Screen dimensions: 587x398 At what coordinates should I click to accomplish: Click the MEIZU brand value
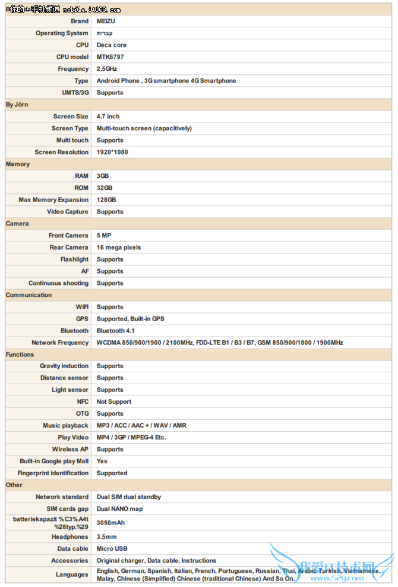[106, 21]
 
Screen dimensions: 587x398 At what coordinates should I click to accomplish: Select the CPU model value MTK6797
[110, 57]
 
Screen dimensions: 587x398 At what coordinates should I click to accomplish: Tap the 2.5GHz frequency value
[107, 69]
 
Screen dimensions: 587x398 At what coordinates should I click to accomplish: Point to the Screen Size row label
[71, 117]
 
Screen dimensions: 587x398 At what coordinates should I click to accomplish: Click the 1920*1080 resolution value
[112, 152]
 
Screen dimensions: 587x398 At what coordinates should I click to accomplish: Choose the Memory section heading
[18, 164]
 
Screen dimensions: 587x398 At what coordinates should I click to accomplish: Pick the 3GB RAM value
[103, 176]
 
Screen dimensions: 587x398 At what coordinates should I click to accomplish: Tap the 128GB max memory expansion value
[106, 200]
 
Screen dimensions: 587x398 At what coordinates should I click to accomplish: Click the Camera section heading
[17, 224]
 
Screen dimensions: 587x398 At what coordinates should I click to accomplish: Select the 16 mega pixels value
[119, 247]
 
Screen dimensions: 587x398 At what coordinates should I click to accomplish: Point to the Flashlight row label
[74, 259]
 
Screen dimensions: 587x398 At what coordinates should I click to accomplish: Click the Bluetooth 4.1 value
[116, 331]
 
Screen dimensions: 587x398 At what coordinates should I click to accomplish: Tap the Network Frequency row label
[60, 343]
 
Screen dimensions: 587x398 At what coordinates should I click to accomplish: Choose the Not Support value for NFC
[114, 402]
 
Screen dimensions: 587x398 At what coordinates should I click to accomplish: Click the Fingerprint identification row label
[53, 473]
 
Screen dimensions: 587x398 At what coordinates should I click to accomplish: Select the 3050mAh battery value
[110, 523]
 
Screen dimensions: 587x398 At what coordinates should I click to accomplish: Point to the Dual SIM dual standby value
[129, 497]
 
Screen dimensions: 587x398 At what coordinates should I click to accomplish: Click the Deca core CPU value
[112, 45]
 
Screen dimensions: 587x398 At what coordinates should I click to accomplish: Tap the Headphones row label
[70, 537]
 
